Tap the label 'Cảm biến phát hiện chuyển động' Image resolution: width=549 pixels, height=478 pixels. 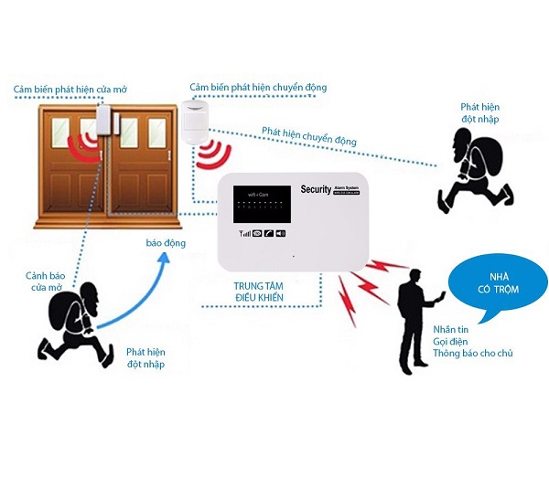click(257, 87)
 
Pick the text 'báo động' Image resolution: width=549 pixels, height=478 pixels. click(167, 244)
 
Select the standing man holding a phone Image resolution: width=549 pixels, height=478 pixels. click(414, 320)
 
